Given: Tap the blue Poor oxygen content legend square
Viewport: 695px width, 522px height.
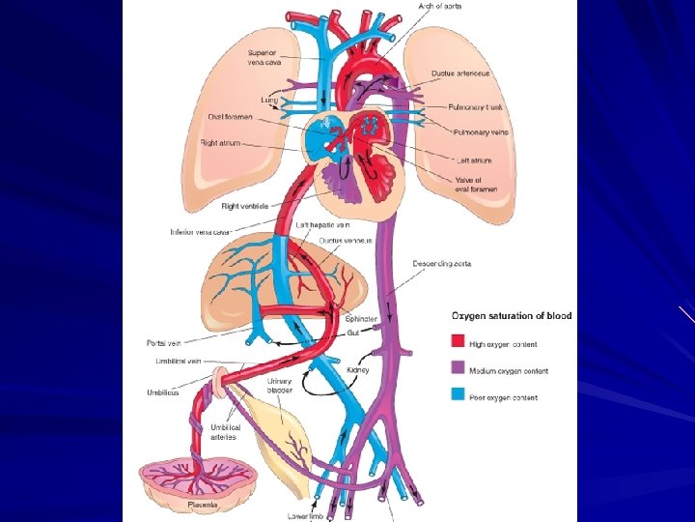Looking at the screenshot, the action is point(458,395).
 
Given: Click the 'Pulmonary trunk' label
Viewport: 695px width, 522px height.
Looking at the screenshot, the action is point(473,107).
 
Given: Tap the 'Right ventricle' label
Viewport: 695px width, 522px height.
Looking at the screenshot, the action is point(244,206).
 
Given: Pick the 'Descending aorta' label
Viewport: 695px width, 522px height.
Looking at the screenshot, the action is point(441,263).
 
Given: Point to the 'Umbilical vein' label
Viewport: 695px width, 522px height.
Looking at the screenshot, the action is point(178,361).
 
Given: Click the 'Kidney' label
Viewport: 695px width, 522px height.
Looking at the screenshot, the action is point(357,370).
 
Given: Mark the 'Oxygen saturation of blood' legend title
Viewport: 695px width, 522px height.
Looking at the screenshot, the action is point(512,316).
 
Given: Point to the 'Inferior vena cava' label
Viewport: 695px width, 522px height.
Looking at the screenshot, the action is point(200,232).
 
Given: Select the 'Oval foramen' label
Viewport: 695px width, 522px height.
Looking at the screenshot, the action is point(231,117).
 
